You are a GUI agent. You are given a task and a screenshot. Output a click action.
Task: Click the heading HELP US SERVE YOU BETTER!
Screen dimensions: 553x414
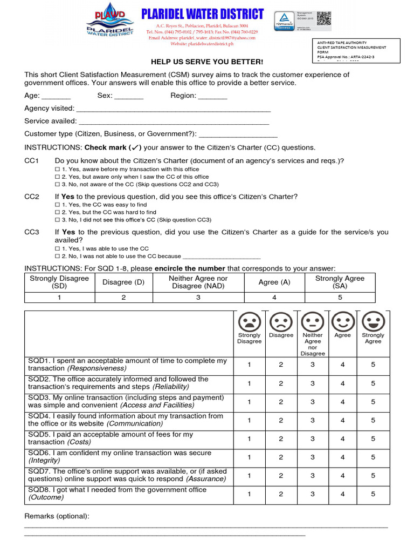pyautogui.click(x=207, y=62)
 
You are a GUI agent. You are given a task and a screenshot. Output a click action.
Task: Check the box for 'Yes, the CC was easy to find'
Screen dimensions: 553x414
pyautogui.click(x=58, y=205)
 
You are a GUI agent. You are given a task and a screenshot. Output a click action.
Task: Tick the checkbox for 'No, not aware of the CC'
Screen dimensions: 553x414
pyautogui.click(x=58, y=184)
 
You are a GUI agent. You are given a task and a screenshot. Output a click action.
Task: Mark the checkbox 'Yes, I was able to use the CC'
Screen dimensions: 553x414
pyautogui.click(x=58, y=248)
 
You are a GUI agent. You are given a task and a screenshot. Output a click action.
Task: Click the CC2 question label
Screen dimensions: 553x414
pyautogui.click(x=32, y=197)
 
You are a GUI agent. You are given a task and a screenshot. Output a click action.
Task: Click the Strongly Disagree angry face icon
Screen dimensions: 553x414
pyautogui.click(x=249, y=322)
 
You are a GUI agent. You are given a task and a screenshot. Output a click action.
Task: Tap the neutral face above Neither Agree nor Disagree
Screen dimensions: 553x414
pyautogui.click(x=312, y=322)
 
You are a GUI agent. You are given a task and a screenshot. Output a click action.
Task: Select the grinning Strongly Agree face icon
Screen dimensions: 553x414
pyautogui.click(x=373, y=322)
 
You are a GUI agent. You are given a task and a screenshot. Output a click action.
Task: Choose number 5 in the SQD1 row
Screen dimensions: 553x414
pyautogui.click(x=373, y=365)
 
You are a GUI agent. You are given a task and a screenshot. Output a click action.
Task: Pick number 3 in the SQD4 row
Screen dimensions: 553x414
pyautogui.click(x=312, y=420)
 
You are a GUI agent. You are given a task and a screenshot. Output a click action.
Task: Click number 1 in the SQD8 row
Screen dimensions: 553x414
pyautogui.click(x=249, y=494)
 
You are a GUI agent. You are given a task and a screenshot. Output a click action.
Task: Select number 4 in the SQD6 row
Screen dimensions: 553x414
pyautogui.click(x=342, y=457)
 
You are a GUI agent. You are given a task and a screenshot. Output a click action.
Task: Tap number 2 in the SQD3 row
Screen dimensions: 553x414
pyautogui.click(x=281, y=402)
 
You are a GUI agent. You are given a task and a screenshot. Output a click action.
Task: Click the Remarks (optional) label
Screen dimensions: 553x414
pyautogui.click(x=57, y=516)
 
